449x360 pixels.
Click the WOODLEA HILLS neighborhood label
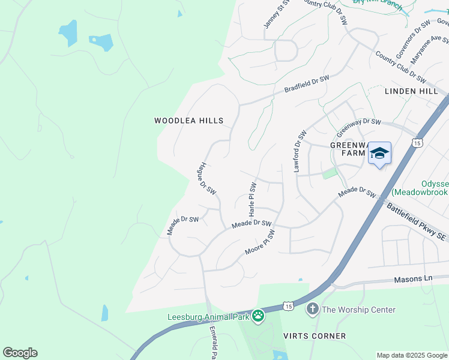[x=188, y=121]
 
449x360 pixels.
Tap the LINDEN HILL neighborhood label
[x=411, y=91]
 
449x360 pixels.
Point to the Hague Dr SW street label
[x=207, y=178]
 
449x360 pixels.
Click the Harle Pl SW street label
[x=253, y=199]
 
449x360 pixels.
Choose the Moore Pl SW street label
[x=259, y=242]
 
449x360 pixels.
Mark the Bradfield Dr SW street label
[x=307, y=84]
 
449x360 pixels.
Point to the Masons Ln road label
[x=413, y=280]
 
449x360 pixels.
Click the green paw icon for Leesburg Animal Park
[x=258, y=316]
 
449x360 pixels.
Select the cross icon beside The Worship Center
[x=312, y=310]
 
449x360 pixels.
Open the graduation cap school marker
[x=379, y=154]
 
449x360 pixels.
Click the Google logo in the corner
[x=20, y=353]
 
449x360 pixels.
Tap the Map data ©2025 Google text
[x=412, y=355]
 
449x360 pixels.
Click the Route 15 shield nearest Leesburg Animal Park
[x=289, y=306]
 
